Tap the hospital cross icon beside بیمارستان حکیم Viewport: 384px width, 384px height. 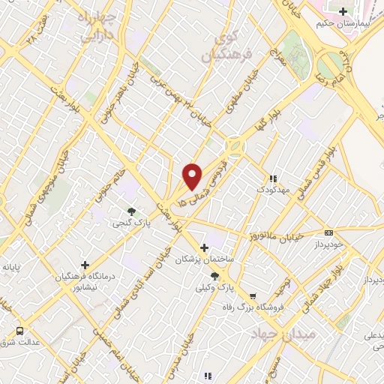(343, 11)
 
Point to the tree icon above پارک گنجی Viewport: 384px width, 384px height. (132, 211)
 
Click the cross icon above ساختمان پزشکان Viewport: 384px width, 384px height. (204, 247)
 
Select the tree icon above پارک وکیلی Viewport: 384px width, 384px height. (215, 276)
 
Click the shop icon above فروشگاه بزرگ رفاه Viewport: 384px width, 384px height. (253, 296)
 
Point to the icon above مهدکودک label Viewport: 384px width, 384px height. (273, 178)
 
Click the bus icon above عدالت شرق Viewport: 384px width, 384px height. (19, 330)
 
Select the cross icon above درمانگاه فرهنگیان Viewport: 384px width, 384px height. (85, 265)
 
